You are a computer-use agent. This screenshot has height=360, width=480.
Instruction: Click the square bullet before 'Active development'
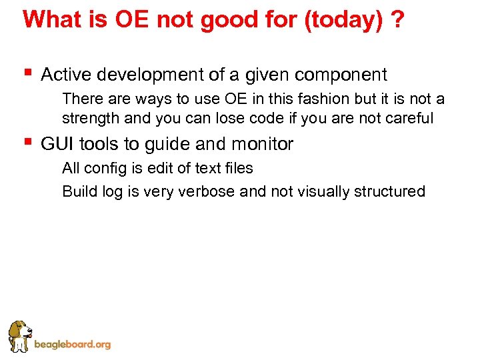[27, 71]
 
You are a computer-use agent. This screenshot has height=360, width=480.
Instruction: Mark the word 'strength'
[87, 119]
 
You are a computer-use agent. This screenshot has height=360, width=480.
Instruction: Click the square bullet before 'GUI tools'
[27, 141]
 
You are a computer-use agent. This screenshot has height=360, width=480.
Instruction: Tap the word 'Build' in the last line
[78, 191]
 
